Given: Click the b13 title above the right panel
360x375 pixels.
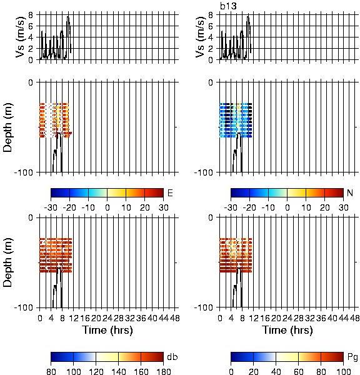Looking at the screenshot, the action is pos(228,6).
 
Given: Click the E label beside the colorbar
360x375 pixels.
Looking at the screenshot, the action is pos(170,192).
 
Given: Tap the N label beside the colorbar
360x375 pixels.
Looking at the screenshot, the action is pos(350,192).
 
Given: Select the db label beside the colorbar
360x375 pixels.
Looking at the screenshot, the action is pos(172,357).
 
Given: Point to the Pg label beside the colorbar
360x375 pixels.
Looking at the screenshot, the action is pos(352,357).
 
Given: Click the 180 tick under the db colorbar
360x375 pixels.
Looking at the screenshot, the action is pos(163,371).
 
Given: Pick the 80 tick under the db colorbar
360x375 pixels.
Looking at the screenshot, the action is pos(51,371).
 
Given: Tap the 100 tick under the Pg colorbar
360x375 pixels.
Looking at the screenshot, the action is pos(344,371).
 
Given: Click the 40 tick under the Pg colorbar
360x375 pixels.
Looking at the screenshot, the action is pos(276,371).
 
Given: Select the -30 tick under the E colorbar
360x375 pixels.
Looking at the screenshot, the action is pos(51,207).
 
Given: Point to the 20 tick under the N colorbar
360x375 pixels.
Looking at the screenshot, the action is pos(324,207).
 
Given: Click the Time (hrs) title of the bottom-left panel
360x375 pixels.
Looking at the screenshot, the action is pos(107,330).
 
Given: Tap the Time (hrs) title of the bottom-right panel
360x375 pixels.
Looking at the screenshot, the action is pos(287,330).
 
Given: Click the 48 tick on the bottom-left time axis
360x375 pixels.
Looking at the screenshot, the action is pos(175,318).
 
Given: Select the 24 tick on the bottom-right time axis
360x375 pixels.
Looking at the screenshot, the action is pos(287,318).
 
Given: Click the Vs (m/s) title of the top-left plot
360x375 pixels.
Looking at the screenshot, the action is pos(21,37).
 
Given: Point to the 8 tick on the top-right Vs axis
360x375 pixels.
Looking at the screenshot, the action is pos(211,15).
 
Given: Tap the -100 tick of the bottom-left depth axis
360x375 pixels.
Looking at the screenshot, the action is pos(24,307).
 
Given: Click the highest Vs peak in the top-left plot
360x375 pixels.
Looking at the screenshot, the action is pos(68,16).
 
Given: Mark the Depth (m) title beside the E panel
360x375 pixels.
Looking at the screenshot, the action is pos(8,127).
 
